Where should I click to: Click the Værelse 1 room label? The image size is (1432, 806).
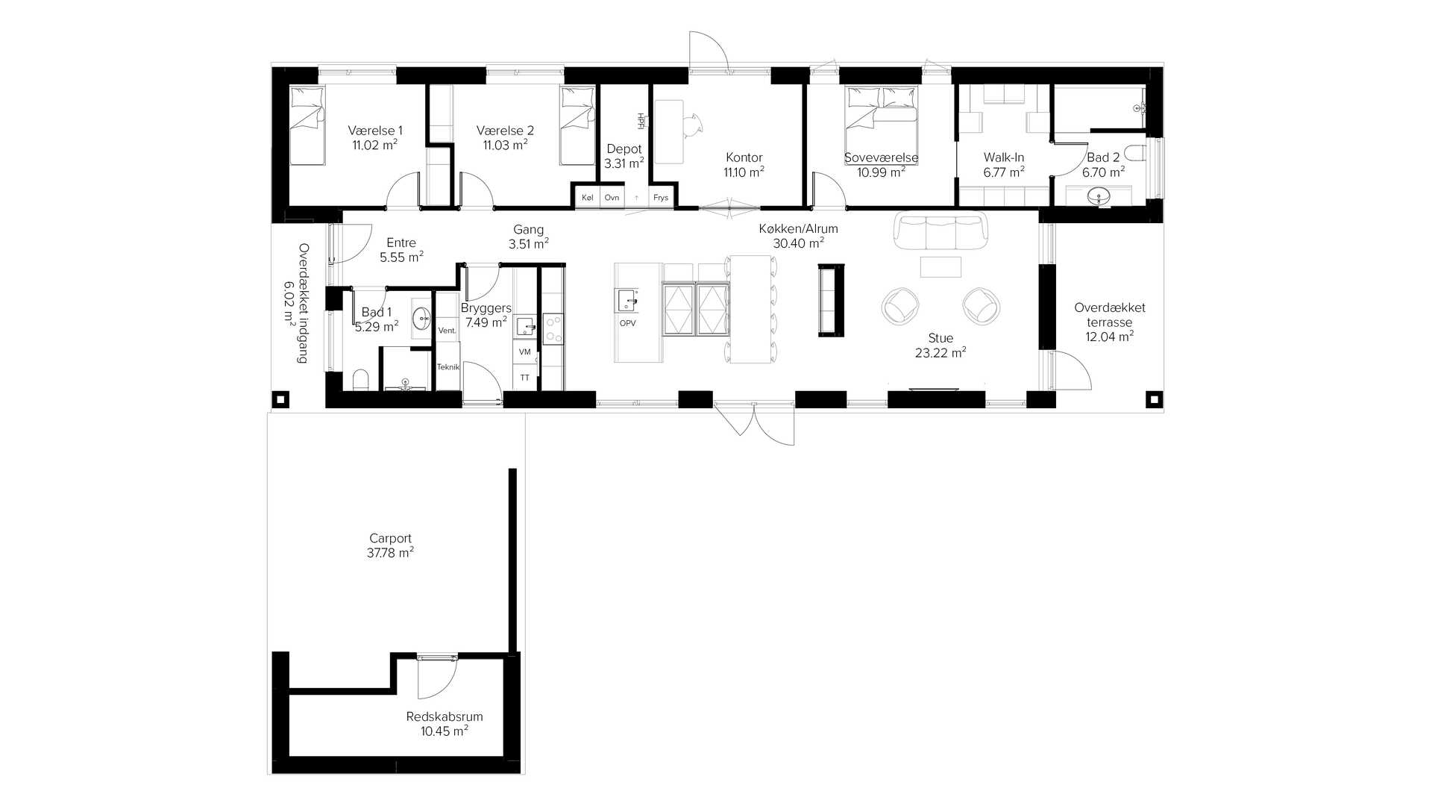375,131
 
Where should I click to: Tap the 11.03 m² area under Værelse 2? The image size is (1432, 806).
505,145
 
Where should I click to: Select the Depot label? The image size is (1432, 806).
624,149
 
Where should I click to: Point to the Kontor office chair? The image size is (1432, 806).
694,125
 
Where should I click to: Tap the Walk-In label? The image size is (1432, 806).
1004,157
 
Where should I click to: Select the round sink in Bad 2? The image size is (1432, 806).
1098,196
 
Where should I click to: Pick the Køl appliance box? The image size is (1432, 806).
587,198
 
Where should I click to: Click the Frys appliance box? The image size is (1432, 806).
661,198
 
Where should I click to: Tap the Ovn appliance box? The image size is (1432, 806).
612,198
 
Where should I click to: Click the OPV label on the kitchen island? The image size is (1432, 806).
628,323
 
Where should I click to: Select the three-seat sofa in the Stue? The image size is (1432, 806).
940,231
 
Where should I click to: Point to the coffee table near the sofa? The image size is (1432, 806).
940,266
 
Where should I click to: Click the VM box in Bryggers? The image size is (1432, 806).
524,352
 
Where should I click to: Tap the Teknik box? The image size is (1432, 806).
447,366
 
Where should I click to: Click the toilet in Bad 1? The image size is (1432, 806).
360,380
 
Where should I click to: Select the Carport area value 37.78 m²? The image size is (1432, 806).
390,553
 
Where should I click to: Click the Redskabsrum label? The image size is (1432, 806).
445,716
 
